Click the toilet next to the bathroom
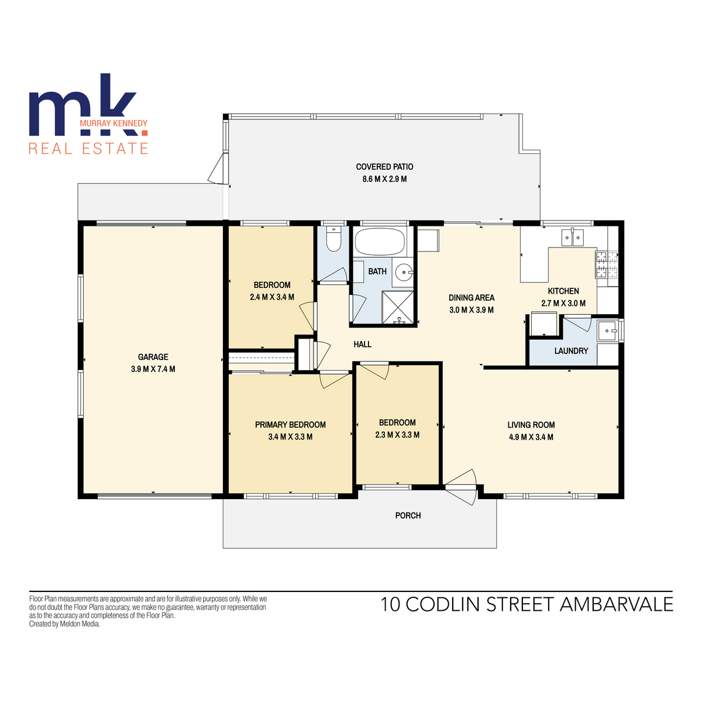pyautogui.click(x=333, y=240)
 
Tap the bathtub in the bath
pyautogui.click(x=380, y=240)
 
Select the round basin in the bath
pyautogui.click(x=403, y=271)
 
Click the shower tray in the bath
pyautogui.click(x=398, y=307)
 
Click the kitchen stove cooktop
pyautogui.click(x=607, y=264)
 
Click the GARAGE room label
pyautogui.click(x=153, y=357)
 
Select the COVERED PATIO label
pyautogui.click(x=384, y=167)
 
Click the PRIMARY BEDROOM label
pyautogui.click(x=290, y=425)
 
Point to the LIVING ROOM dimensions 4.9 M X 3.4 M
pyautogui.click(x=531, y=437)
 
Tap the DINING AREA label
pyautogui.click(x=471, y=297)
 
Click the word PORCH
pyautogui.click(x=408, y=515)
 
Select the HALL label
pyautogui.click(x=362, y=344)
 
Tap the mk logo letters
pyautogui.click(x=82, y=111)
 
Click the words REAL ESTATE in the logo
pyautogui.click(x=88, y=149)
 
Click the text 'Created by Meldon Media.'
pyautogui.click(x=64, y=624)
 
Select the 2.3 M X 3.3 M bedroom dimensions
pyautogui.click(x=397, y=435)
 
